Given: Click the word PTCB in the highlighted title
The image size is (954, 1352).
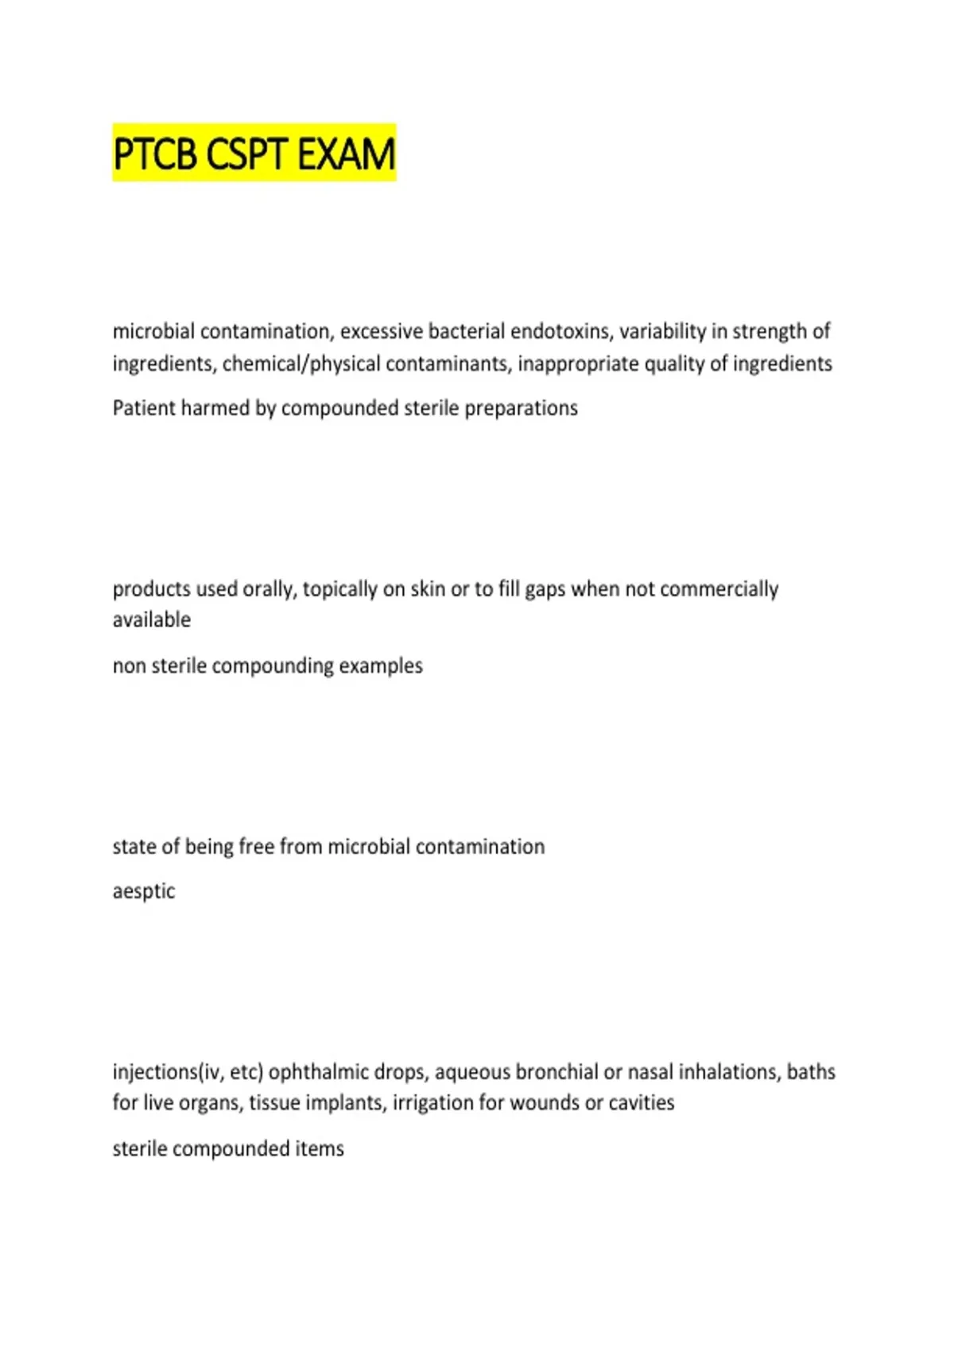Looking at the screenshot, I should click(155, 154).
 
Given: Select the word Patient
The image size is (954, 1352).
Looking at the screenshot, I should click(144, 408).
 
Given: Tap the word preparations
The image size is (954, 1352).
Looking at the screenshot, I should click(521, 408).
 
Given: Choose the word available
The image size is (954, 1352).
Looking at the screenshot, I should click(152, 620).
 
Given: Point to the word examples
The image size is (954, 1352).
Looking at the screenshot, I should click(381, 666).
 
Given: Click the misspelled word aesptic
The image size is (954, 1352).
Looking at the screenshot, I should click(144, 892).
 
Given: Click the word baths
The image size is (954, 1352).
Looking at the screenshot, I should click(811, 1072).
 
